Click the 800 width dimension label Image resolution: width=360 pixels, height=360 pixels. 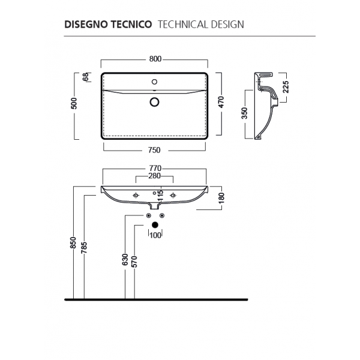coord(155,59)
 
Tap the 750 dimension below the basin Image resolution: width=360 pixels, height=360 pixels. coord(154,150)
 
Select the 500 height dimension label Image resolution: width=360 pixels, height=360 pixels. coord(74,103)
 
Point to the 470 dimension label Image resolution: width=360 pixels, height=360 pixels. coord(221,102)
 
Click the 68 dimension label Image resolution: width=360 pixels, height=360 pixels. coord(86,77)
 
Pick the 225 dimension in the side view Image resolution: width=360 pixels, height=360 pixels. coord(286,87)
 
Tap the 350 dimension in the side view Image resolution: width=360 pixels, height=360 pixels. coord(245,113)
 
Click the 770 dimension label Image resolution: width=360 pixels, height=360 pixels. coord(155,168)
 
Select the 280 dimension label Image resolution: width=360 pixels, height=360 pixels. coord(155,176)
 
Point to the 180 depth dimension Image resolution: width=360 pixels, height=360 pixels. coord(221,198)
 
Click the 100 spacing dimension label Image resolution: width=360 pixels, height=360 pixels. coord(155,235)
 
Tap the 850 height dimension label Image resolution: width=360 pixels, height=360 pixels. coord(73,242)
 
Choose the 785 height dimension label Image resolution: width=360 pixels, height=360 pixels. coord(84,247)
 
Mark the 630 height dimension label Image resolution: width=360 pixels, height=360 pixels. coord(125,259)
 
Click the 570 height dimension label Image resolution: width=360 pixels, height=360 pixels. coord(134,262)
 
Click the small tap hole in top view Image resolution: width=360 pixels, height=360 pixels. coord(155,82)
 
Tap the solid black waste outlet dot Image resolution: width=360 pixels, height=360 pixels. coord(155,225)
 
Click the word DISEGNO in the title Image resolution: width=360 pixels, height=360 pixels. coord(85,25)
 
